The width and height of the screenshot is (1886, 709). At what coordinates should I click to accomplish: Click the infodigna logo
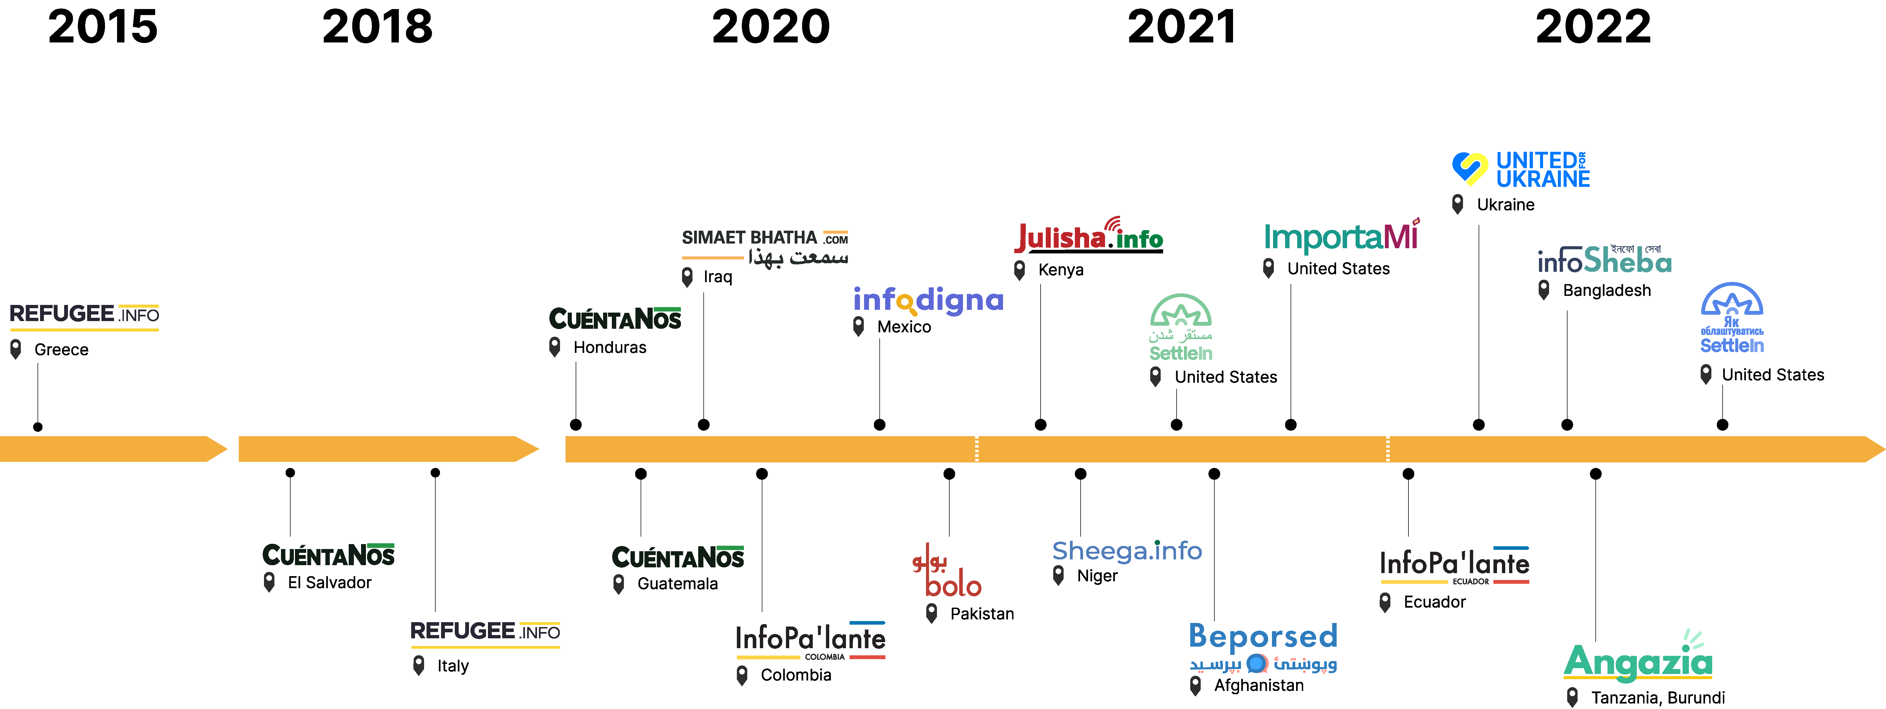pos(928,300)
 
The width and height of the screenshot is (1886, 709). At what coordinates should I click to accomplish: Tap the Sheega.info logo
pos(1127,550)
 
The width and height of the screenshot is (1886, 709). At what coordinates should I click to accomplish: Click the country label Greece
pos(61,350)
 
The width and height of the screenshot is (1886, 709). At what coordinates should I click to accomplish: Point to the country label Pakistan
pos(982,614)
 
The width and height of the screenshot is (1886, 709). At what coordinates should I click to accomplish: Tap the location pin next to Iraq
pos(687,277)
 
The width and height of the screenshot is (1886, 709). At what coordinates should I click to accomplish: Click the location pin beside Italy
pos(419,665)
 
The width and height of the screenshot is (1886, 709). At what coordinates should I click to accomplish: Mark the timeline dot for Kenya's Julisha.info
pos(1040,424)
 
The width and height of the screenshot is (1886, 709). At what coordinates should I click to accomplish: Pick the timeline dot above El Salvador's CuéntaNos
pos(290,473)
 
